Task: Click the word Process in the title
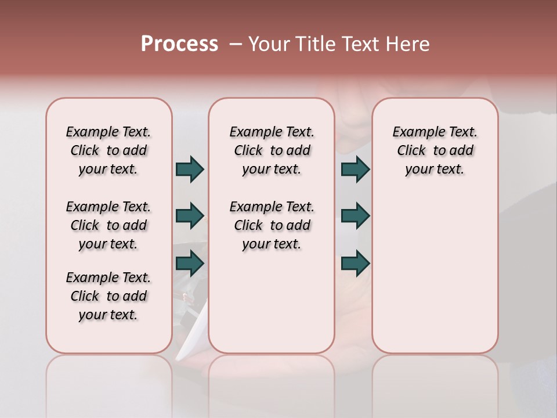(179, 44)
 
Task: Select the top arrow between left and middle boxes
(190, 169)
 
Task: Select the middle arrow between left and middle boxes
(190, 216)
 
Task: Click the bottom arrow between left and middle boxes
(190, 263)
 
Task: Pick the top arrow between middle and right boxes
(355, 169)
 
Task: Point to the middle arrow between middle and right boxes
(355, 216)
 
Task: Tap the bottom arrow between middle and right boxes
(355, 263)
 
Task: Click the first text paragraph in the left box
(108, 150)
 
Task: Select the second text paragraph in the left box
(108, 225)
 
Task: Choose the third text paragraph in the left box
(108, 296)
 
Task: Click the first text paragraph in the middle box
(272, 150)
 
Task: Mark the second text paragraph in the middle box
(272, 225)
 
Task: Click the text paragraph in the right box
(435, 150)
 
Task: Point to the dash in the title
(236, 44)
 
